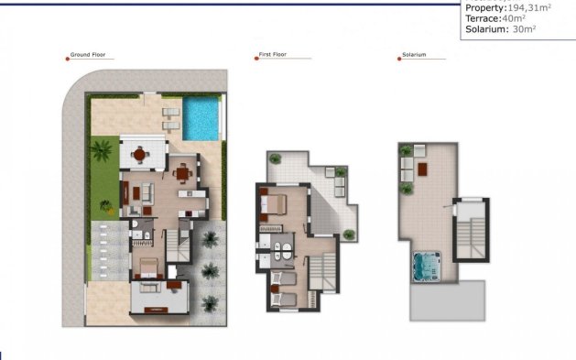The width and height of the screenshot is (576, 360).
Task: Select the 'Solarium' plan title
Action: (x=414, y=55)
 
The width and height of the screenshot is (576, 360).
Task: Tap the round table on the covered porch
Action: (x=139, y=155)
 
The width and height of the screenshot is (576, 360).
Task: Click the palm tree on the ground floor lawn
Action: (x=102, y=151)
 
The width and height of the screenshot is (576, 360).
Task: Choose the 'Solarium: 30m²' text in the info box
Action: (x=500, y=29)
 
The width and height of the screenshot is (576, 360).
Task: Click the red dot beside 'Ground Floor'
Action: (x=68, y=57)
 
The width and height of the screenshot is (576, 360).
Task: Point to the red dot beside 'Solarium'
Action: (x=399, y=57)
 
